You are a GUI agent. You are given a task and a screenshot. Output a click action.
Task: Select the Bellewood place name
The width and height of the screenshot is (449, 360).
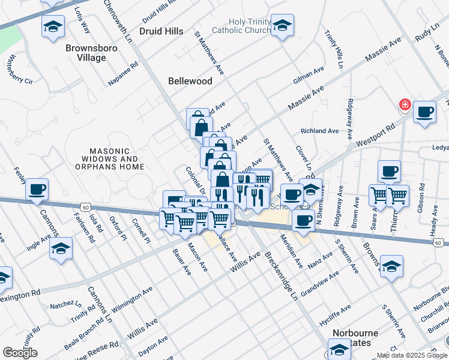190,81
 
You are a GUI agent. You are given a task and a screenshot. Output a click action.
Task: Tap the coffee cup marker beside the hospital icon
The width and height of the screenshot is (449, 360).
425,112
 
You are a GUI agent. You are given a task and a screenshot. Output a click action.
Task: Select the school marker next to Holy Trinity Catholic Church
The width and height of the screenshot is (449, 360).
282,26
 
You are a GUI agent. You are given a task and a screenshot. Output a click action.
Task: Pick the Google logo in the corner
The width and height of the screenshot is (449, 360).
20,353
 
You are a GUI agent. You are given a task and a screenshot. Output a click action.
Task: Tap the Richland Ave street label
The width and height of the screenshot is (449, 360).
320,131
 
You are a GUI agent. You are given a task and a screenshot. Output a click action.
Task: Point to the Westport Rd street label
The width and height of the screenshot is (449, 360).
376,136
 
